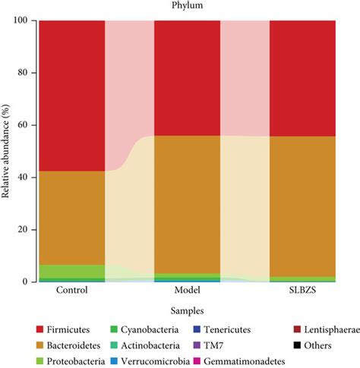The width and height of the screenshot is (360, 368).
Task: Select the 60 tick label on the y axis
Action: (25, 125)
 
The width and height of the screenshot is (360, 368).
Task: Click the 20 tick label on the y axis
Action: (25, 230)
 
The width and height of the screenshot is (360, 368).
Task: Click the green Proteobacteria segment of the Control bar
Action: (71, 271)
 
